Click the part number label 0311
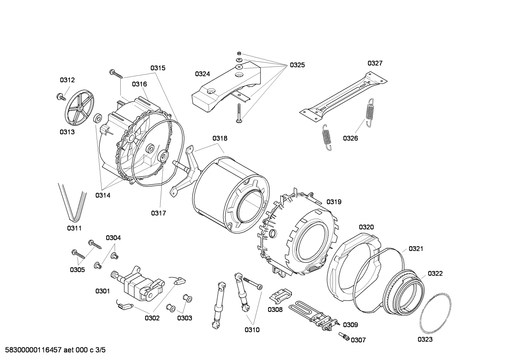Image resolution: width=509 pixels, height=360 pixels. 74,228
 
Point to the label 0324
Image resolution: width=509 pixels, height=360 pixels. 202,74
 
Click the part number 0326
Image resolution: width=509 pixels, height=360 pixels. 350,138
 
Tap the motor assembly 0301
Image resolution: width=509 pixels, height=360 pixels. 139,283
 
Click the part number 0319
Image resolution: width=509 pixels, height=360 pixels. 334,202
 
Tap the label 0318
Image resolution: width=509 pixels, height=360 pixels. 220,138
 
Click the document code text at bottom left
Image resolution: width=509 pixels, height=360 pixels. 53,350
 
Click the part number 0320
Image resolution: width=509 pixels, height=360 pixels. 366,227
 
